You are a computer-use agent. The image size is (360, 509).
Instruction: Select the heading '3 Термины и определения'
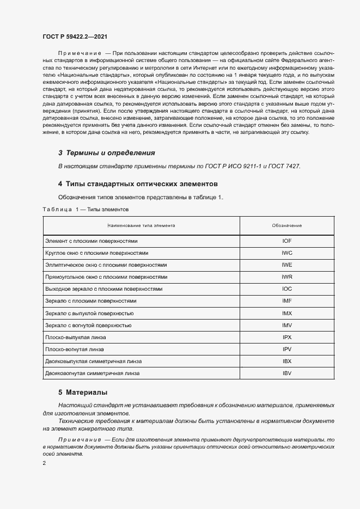coord(107,153)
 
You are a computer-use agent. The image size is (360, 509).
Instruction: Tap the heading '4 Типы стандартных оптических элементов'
coord(138,184)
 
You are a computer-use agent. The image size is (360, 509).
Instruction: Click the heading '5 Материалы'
coord(83,392)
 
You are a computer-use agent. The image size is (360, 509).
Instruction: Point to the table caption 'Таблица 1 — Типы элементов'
coord(85,209)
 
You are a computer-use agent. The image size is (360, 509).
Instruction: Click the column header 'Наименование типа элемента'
coord(141,225)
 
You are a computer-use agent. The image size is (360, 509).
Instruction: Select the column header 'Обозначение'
coord(287,225)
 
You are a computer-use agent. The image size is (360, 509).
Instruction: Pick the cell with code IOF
coord(287,241)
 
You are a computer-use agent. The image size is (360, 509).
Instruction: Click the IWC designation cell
coord(287,253)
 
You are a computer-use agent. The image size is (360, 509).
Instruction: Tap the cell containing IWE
coord(287,265)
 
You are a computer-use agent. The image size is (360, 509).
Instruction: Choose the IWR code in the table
coord(287,277)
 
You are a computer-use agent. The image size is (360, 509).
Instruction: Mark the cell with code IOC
coord(287,289)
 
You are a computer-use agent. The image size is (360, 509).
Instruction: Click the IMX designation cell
coord(287,313)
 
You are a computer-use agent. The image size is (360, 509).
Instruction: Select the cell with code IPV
coord(287,349)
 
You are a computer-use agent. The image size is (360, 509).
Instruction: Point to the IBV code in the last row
coord(287,373)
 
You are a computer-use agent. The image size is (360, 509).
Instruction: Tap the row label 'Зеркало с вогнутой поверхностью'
coord(89,325)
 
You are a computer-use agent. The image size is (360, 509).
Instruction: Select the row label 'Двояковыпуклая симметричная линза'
coord(93,361)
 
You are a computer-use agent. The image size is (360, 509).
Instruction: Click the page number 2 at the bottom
coord(44,463)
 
